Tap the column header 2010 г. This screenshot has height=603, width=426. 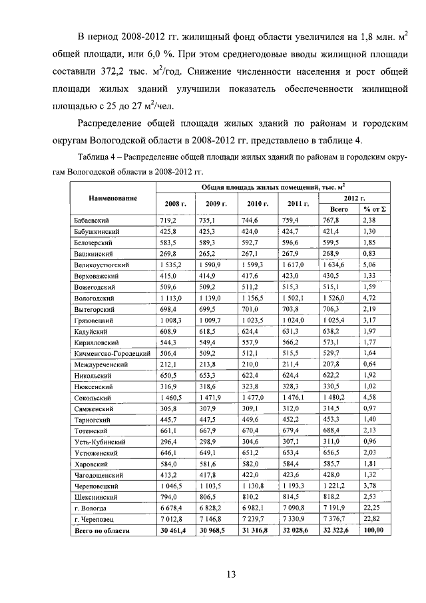tap(256, 204)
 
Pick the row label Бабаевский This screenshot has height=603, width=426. tap(91, 220)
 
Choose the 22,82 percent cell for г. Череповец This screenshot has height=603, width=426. tap(370, 518)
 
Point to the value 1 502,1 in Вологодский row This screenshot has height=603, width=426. tap(296, 298)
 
